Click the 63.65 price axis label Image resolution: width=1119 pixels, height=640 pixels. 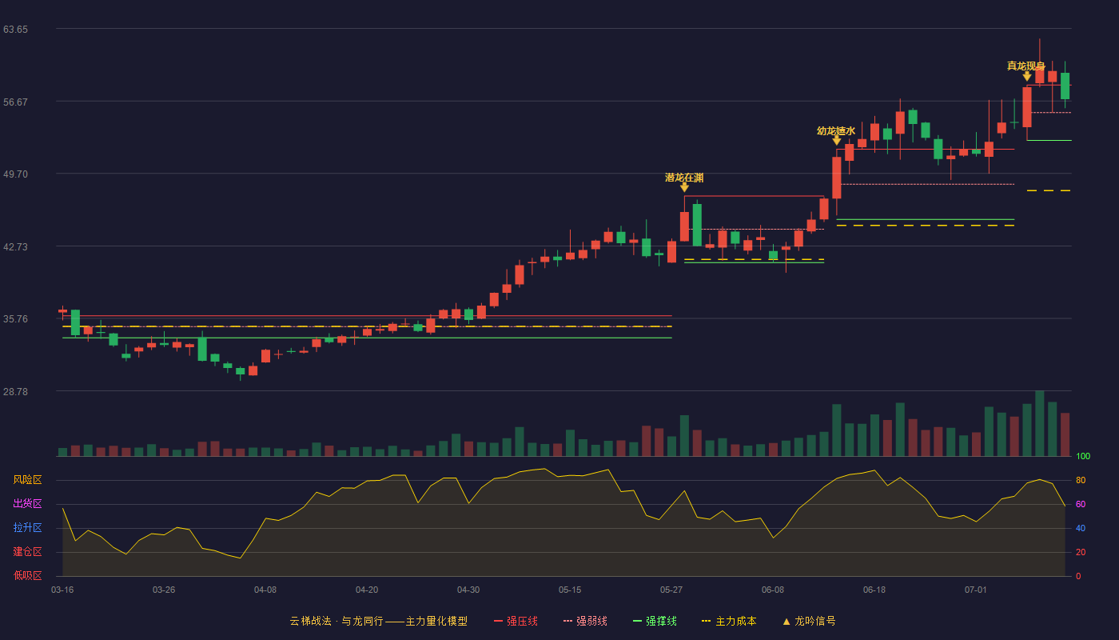tap(15, 30)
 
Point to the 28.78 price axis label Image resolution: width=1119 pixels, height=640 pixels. tap(15, 391)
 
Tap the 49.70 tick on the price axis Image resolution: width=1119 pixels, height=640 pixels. tap(15, 174)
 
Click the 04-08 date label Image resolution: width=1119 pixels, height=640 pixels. tap(265, 590)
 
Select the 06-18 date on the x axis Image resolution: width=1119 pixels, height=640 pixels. tap(874, 590)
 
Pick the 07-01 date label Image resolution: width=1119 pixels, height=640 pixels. tap(976, 590)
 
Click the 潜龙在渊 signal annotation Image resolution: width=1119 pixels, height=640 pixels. tap(684, 178)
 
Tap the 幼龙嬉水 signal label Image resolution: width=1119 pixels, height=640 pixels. tap(836, 131)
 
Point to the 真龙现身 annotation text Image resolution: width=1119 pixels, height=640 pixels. tap(1026, 66)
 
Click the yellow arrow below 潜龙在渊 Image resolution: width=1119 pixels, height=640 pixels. tap(684, 187)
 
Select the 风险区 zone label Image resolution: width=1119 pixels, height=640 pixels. tap(27, 480)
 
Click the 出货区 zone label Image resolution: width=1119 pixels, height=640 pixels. tap(27, 503)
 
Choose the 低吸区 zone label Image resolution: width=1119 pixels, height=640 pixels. tap(27, 575)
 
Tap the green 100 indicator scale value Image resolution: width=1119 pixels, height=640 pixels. tap(1083, 456)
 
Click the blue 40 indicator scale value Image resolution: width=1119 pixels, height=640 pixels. tap(1081, 528)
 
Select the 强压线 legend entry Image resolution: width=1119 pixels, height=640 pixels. tap(516, 621)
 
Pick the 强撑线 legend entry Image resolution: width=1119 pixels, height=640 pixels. tap(655, 621)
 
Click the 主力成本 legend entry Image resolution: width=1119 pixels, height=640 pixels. tap(729, 621)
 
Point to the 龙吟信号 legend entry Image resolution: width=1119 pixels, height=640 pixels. tap(809, 621)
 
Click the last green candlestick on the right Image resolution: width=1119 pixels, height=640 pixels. tap(1065, 86)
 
